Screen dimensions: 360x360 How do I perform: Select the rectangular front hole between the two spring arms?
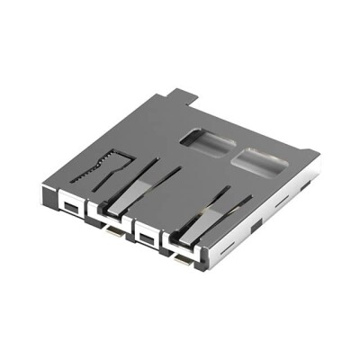coord(143,236)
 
